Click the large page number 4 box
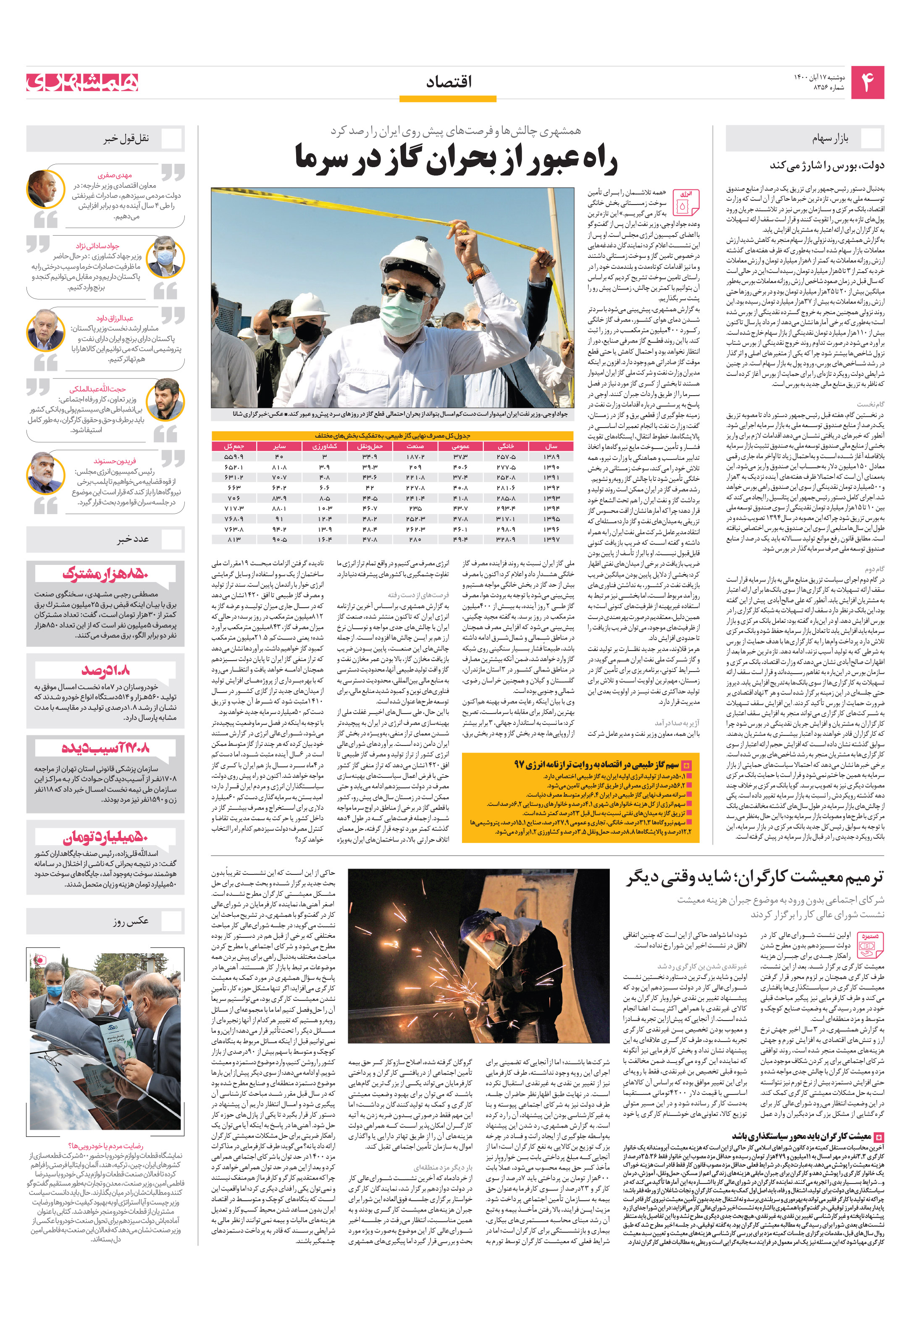[x=866, y=83]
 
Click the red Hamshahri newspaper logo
[x=82, y=82]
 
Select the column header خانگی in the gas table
[x=505, y=446]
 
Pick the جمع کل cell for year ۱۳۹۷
[x=234, y=539]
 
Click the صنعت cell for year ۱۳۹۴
[x=415, y=508]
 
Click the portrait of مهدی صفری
[x=45, y=189]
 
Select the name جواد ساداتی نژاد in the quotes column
[x=98, y=246]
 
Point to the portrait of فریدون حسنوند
[x=45, y=474]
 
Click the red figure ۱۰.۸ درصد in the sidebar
[x=106, y=670]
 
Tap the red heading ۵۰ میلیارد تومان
[x=105, y=837]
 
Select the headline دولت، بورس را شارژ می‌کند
[x=827, y=165]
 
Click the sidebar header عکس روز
[x=131, y=921]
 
